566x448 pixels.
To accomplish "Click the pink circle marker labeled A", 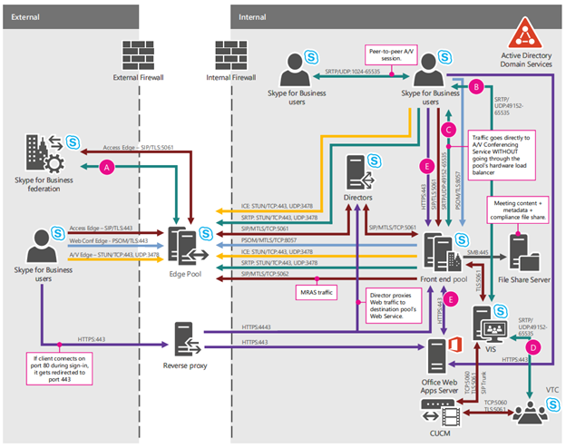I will (109, 166).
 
